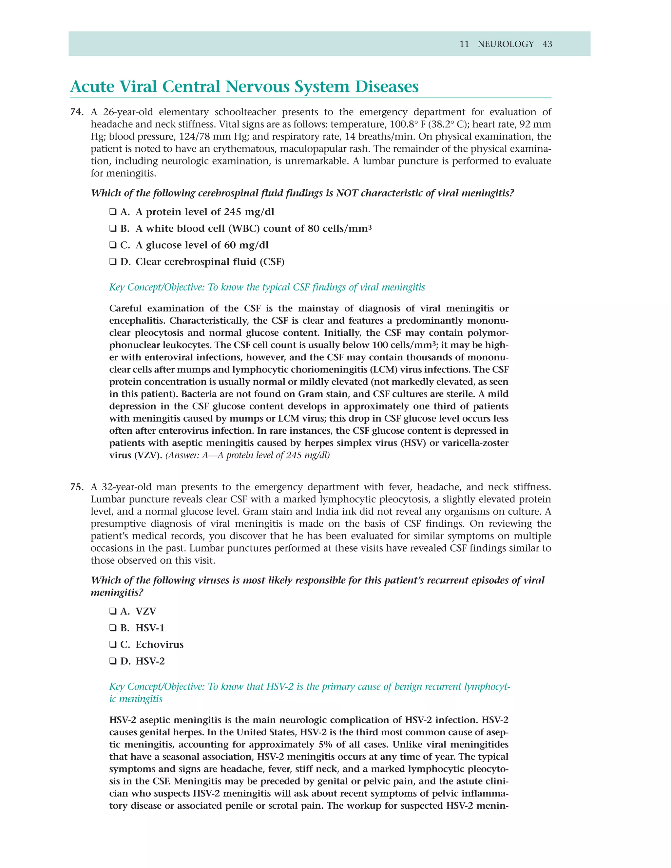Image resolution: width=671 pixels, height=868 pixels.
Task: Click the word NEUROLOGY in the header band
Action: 505,44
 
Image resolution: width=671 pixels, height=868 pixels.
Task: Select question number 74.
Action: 76,112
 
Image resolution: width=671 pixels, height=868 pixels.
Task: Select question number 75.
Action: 76,487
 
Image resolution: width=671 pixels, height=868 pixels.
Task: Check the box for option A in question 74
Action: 113,212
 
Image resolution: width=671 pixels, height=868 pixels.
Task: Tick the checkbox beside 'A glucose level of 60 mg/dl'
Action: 113,245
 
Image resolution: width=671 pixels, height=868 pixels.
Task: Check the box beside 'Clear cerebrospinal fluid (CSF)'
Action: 113,262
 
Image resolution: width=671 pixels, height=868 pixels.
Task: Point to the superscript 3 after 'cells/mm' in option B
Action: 370,227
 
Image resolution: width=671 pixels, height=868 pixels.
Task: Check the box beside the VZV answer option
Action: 113,611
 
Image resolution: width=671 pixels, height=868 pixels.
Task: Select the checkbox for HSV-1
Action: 113,628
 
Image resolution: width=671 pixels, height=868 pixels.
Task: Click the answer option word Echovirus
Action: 160,645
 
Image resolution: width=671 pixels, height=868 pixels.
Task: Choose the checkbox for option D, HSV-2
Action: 113,661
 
